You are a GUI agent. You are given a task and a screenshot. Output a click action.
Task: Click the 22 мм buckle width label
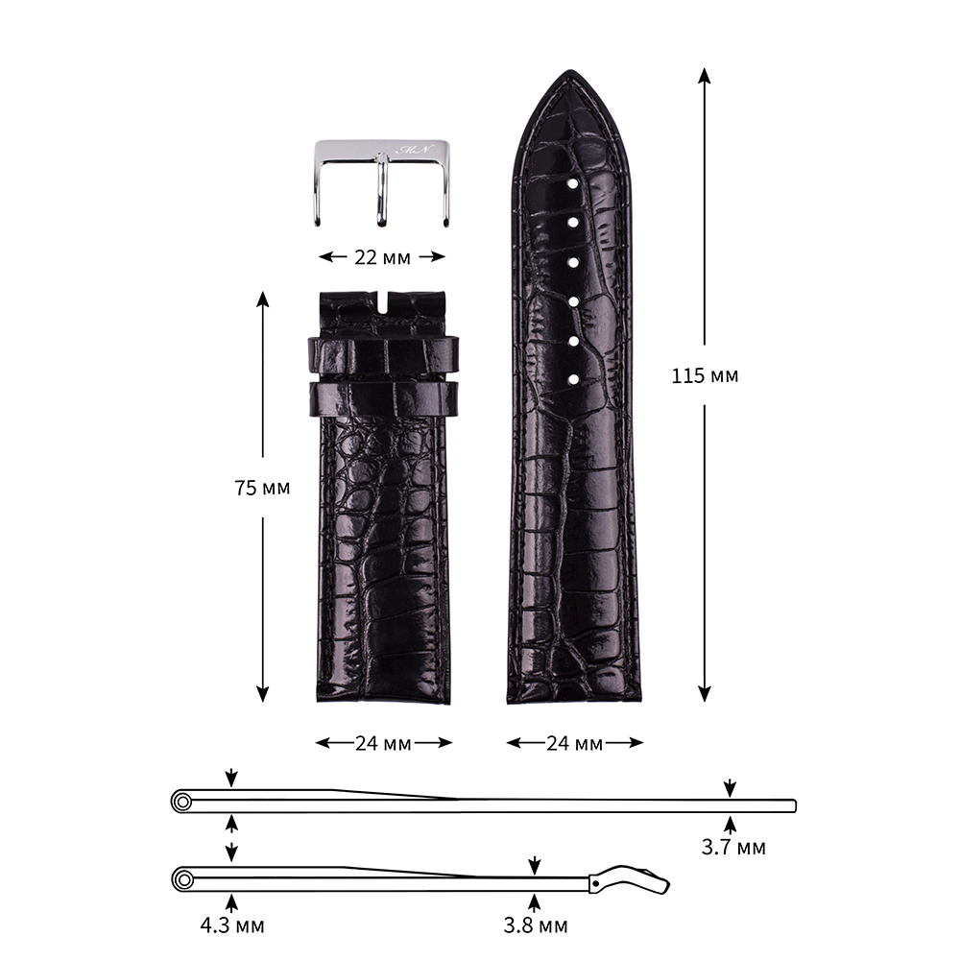click(x=382, y=257)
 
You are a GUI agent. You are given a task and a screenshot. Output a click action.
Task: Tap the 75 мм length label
click(x=262, y=488)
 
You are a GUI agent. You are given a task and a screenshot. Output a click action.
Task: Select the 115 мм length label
click(x=705, y=375)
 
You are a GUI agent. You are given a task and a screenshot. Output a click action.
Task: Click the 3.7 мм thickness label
click(x=732, y=848)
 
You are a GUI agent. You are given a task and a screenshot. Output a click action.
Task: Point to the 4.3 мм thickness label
click(x=232, y=925)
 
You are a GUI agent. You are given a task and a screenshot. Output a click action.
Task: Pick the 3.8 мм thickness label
click(x=535, y=925)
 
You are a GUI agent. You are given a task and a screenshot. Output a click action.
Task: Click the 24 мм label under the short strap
click(x=383, y=743)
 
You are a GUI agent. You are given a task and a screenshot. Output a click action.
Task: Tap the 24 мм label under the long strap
click(x=574, y=743)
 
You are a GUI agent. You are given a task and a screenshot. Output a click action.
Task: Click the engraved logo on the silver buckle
click(x=415, y=150)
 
